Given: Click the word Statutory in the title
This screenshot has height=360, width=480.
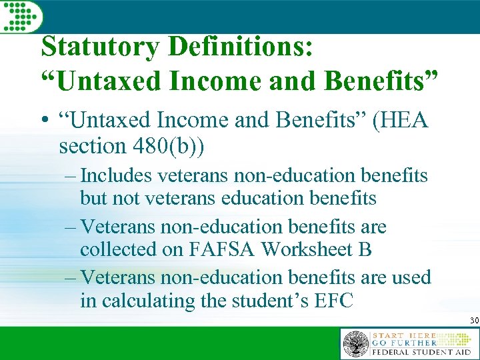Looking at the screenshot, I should point(99,47).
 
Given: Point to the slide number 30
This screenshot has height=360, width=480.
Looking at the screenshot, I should point(474,321).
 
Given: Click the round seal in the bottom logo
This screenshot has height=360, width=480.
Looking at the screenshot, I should point(355,344).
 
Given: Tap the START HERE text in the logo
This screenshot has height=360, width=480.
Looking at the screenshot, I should point(404,335).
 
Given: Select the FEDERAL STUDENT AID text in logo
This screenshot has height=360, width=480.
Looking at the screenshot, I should point(422,352).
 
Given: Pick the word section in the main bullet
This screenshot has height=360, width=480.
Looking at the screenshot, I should point(89,145).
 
